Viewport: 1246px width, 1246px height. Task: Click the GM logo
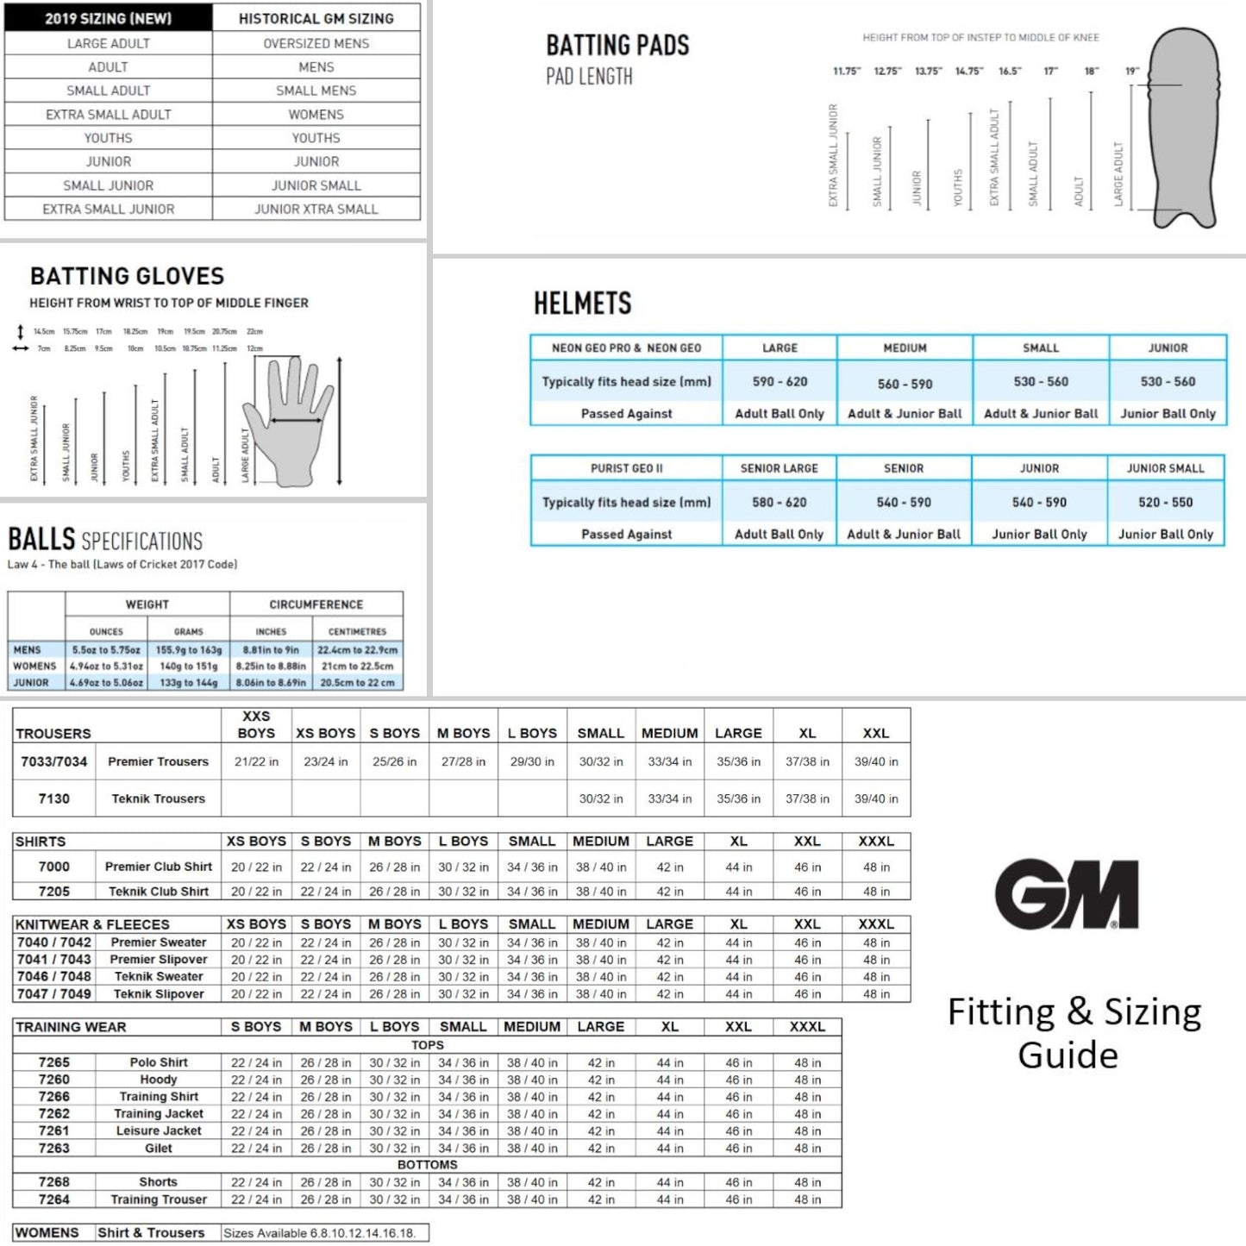point(1067,894)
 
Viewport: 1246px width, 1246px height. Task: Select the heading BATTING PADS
point(617,45)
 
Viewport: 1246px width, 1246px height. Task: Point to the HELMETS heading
point(582,304)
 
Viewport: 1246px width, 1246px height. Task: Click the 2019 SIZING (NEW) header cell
point(109,18)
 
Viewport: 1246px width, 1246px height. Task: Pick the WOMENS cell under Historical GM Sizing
point(316,114)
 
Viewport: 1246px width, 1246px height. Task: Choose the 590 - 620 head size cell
point(780,381)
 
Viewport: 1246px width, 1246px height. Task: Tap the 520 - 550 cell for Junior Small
point(1165,502)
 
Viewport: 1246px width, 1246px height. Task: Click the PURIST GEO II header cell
point(626,468)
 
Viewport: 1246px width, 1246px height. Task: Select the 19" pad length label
point(1131,72)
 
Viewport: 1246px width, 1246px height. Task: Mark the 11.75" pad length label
point(846,72)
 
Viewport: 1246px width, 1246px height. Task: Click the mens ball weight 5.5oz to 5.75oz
point(106,650)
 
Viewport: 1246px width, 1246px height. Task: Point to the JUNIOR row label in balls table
point(31,683)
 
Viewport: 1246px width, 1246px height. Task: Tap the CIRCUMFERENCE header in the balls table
point(316,604)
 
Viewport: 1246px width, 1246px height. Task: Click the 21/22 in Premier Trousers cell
point(256,761)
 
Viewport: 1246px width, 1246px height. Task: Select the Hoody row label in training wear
point(159,1080)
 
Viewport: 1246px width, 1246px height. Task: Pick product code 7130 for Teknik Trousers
point(53,798)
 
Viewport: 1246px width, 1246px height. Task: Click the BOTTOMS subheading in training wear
point(427,1165)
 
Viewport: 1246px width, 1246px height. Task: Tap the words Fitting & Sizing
point(1074,1011)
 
